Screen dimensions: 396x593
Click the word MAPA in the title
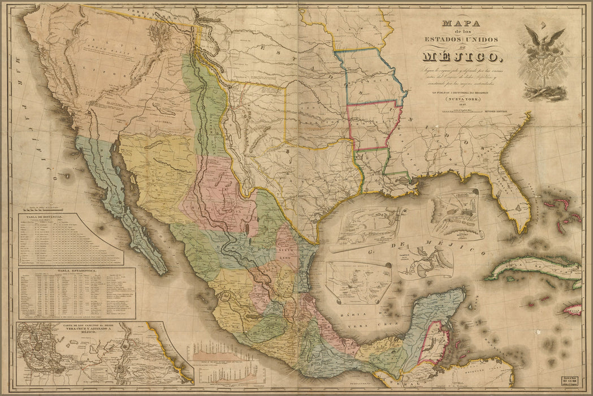pos(458,24)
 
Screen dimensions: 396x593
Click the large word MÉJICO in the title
pos(458,56)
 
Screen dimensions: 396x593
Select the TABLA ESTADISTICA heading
pos(77,272)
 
